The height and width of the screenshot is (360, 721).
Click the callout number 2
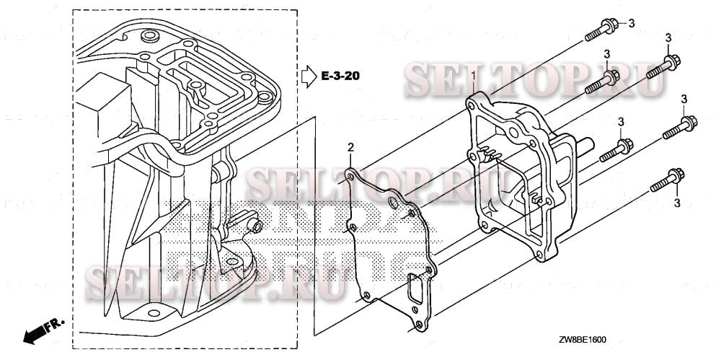[x=350, y=149]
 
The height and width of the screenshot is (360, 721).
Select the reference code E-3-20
[x=342, y=75]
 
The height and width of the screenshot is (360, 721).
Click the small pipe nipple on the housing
[x=255, y=225]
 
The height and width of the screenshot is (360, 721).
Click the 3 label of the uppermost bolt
[x=631, y=24]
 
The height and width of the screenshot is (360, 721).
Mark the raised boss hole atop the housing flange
[x=149, y=36]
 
